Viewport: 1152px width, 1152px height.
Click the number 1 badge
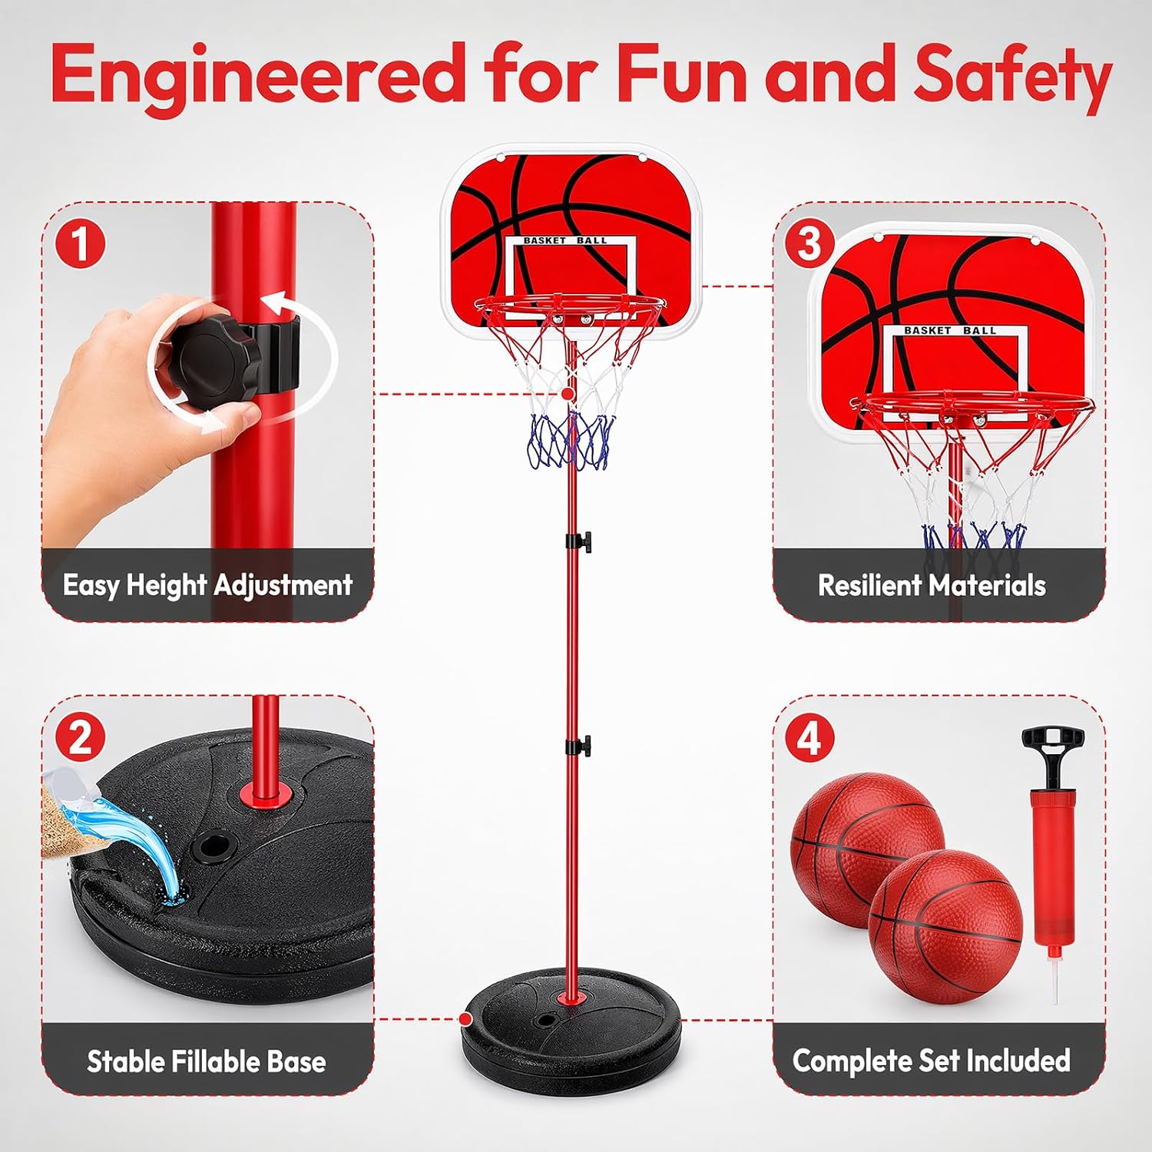click(x=81, y=243)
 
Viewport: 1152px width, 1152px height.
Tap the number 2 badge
click(x=81, y=737)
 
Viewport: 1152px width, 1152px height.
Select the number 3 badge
click(x=809, y=243)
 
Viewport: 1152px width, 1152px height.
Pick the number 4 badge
click(x=809, y=737)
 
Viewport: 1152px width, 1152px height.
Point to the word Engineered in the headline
click(x=259, y=75)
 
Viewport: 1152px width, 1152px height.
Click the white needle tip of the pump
click(x=1056, y=983)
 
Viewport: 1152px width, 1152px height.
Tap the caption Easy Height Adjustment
click(x=207, y=585)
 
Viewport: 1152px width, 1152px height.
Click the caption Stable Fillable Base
click(x=206, y=1061)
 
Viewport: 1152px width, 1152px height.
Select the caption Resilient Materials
click(x=932, y=585)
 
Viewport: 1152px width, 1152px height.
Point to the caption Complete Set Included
click(x=932, y=1061)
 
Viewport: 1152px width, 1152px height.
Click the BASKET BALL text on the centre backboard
click(x=564, y=240)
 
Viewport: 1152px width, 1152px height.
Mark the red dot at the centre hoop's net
click(x=567, y=393)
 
